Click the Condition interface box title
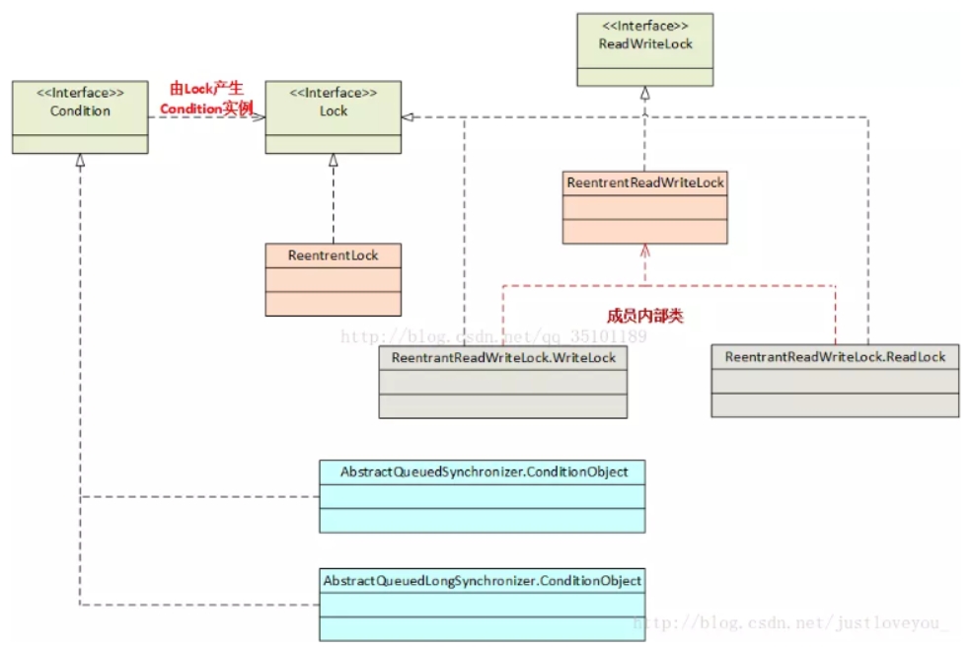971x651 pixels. pos(80,110)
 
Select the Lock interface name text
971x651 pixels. pos(334,110)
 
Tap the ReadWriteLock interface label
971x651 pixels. pos(645,44)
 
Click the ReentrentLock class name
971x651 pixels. pos(334,254)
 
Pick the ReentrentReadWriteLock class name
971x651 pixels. pos(645,182)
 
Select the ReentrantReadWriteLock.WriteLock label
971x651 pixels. pos(503,357)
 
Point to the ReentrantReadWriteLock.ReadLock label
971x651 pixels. pos(835,356)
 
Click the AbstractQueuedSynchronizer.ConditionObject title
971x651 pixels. pos(484,471)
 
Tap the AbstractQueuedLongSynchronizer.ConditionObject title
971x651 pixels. pos(483,581)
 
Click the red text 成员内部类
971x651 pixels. pos(645,317)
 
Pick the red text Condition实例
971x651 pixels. pos(207,108)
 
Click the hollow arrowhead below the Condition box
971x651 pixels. pos(80,161)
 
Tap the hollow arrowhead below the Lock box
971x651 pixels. pos(334,161)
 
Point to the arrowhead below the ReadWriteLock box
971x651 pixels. pos(645,94)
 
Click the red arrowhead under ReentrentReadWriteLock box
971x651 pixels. pos(645,251)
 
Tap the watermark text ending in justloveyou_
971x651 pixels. pos(789,623)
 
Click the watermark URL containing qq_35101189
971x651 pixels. pos(493,336)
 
